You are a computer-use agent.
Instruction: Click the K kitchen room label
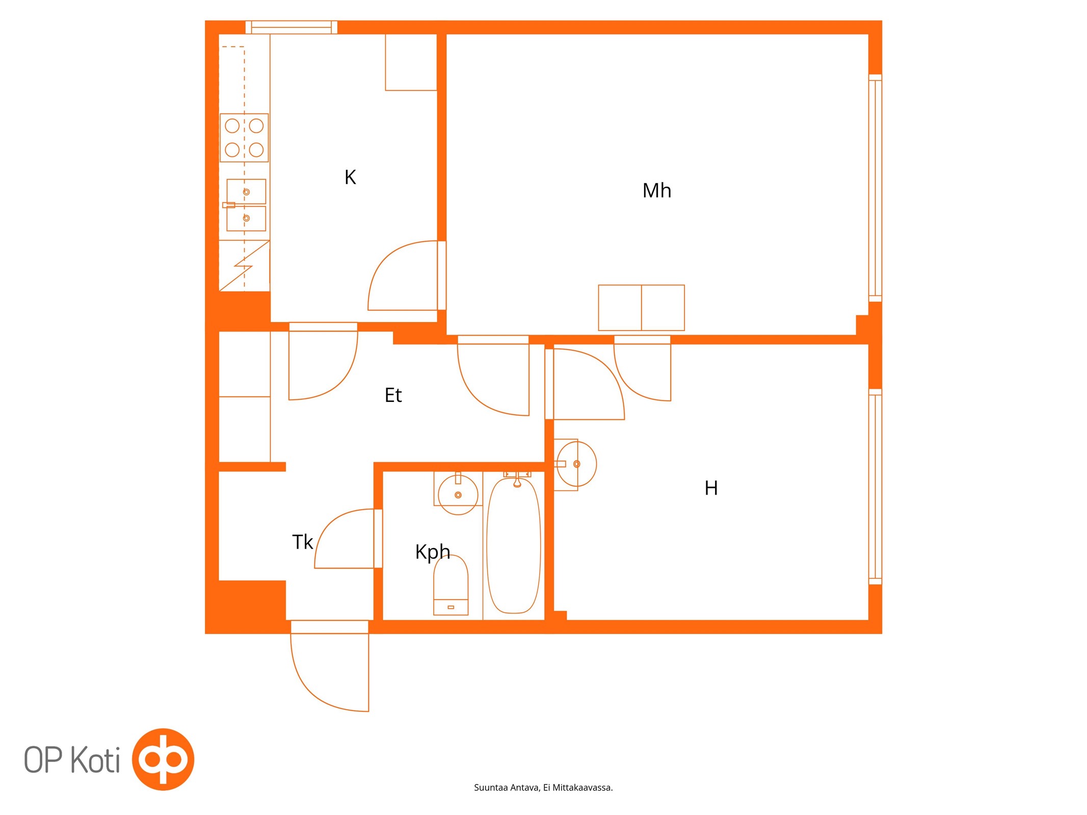click(x=350, y=177)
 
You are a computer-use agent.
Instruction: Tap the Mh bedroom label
click(x=656, y=191)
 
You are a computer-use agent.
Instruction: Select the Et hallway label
click(x=393, y=395)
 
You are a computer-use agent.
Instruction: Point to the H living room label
click(x=711, y=488)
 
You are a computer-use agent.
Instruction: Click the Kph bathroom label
click(x=433, y=552)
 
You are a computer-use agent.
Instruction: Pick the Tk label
click(x=302, y=542)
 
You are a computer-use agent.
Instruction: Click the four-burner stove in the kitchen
click(x=244, y=138)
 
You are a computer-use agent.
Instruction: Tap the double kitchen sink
click(x=246, y=205)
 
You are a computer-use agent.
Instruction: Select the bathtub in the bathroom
click(x=514, y=545)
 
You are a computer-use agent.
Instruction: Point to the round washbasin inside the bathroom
click(x=458, y=494)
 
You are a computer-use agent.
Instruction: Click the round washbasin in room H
click(x=576, y=464)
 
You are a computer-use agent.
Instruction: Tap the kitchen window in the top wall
click(x=291, y=28)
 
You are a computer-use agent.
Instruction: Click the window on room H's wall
click(x=875, y=486)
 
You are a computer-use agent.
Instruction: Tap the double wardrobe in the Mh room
click(x=641, y=308)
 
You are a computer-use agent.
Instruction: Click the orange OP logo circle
click(x=163, y=759)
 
